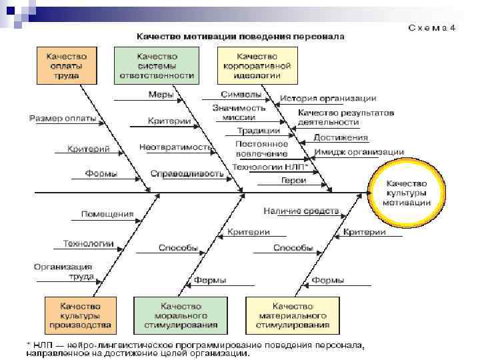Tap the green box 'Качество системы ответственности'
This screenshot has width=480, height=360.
tap(157, 66)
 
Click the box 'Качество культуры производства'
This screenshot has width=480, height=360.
tap(80, 315)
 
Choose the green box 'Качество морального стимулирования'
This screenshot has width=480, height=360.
tap(181, 315)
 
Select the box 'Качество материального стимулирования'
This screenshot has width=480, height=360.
tap(289, 315)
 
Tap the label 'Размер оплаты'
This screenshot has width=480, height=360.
tap(63, 119)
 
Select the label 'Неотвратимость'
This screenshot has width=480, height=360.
tap(175, 147)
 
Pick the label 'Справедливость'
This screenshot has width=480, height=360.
tap(177, 173)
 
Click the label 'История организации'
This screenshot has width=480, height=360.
tap(328, 99)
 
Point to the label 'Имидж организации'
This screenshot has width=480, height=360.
tap(359, 152)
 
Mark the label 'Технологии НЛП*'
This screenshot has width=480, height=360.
tap(265, 167)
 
